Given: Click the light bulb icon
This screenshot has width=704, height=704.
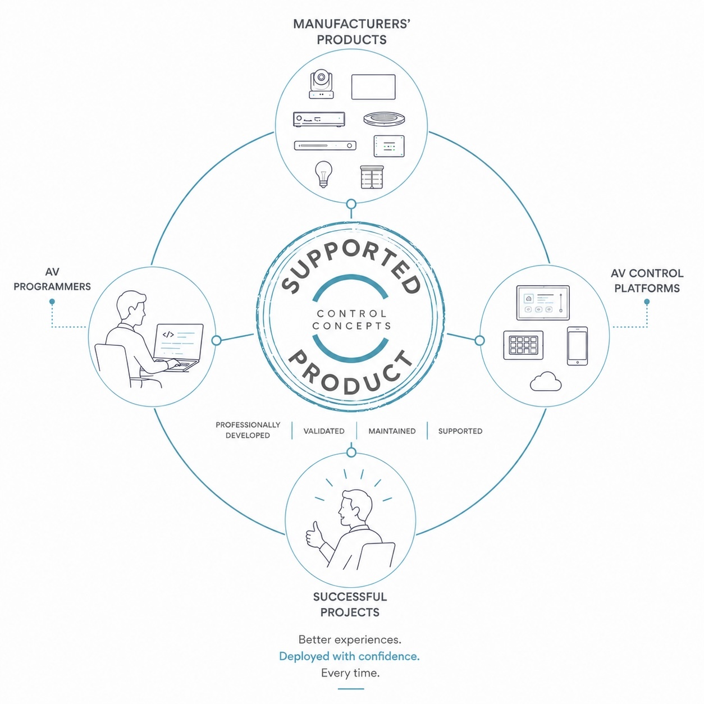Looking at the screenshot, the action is [x=323, y=174].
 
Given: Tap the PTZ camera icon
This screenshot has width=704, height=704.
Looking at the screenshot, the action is [x=321, y=85].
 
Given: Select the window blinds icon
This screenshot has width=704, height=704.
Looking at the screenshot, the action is [x=372, y=177].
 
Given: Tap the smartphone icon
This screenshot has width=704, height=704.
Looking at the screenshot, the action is [x=577, y=346].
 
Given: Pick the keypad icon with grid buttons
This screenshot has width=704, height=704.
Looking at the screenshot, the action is [x=523, y=345].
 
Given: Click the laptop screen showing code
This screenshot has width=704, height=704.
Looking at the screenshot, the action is [x=179, y=341].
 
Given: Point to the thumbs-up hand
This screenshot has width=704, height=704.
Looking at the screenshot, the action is [x=315, y=536].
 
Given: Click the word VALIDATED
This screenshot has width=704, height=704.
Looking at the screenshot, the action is [x=324, y=431].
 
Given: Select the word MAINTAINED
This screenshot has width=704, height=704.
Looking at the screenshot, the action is [x=392, y=431].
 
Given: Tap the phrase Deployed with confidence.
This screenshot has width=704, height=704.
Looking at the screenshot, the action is [x=349, y=656].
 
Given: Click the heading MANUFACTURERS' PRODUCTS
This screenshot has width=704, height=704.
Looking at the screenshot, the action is [x=351, y=32].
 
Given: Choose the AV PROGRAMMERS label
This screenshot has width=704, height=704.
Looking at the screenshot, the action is [x=52, y=279].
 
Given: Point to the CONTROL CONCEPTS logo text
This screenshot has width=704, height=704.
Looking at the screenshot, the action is [x=351, y=319].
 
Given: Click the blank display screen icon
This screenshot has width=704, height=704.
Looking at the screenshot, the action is [x=373, y=87].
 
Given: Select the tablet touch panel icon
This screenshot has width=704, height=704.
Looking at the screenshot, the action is [x=543, y=303].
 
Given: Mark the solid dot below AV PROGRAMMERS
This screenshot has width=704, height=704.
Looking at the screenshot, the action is [x=52, y=301].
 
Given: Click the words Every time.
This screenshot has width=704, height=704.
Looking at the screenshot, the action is [x=350, y=673].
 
